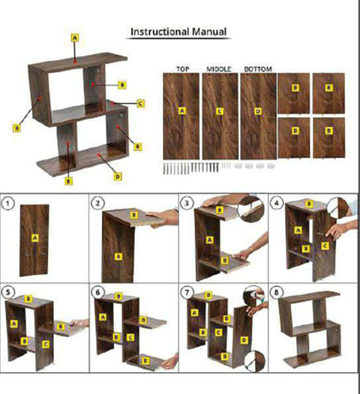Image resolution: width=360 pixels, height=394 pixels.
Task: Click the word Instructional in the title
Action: (x=160, y=32)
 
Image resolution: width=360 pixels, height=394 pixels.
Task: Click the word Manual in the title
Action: (x=209, y=32)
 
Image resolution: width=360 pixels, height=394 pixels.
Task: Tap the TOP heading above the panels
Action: (x=183, y=69)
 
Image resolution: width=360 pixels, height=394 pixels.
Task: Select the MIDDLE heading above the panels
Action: (x=218, y=69)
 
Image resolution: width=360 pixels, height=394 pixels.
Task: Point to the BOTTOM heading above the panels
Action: (x=258, y=69)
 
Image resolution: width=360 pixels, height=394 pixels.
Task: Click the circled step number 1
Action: (x=7, y=203)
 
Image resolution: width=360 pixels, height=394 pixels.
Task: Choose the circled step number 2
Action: (x=97, y=203)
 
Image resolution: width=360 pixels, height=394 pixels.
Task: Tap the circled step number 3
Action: (x=187, y=203)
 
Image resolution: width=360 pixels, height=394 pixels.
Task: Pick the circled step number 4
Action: (x=277, y=203)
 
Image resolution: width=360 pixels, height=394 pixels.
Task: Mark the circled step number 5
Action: (x=8, y=292)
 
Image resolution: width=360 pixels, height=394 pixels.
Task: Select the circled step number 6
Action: (x=97, y=292)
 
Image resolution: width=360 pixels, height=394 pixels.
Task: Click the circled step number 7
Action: (x=187, y=292)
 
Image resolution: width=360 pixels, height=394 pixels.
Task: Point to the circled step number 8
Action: (x=277, y=292)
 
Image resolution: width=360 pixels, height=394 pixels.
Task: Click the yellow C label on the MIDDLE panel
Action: (x=220, y=112)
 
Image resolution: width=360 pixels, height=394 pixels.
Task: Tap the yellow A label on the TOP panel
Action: (x=182, y=111)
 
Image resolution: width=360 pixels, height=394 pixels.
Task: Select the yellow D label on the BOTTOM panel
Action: (x=258, y=112)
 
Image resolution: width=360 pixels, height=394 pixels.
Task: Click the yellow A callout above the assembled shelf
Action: (x=75, y=38)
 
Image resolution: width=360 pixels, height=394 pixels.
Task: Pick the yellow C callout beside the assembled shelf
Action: (x=141, y=103)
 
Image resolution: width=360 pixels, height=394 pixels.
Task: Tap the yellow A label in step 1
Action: (x=35, y=238)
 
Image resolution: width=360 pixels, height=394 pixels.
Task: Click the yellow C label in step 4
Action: (x=325, y=246)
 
